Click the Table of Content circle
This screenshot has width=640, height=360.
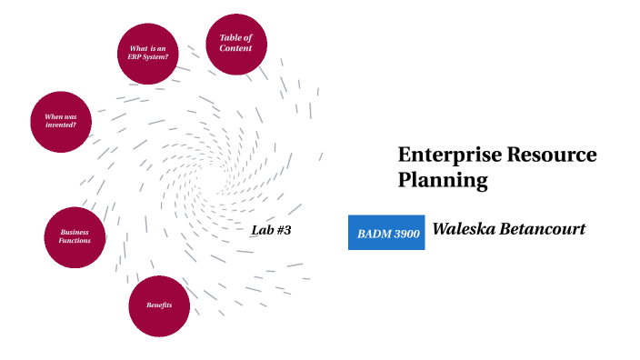[x=236, y=43]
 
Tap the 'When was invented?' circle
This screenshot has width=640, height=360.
[x=61, y=121]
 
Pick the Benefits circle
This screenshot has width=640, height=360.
[x=159, y=305]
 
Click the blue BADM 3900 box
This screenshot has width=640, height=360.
[x=386, y=233]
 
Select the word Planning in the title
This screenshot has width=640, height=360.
[x=443, y=180]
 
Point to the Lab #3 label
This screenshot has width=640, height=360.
[x=270, y=230]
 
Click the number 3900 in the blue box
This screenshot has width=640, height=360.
[x=405, y=234]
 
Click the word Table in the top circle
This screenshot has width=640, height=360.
[x=228, y=37]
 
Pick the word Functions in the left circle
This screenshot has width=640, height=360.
[x=75, y=241]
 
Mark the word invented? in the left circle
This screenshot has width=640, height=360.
[x=61, y=125]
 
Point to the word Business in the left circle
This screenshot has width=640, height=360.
[x=75, y=232]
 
